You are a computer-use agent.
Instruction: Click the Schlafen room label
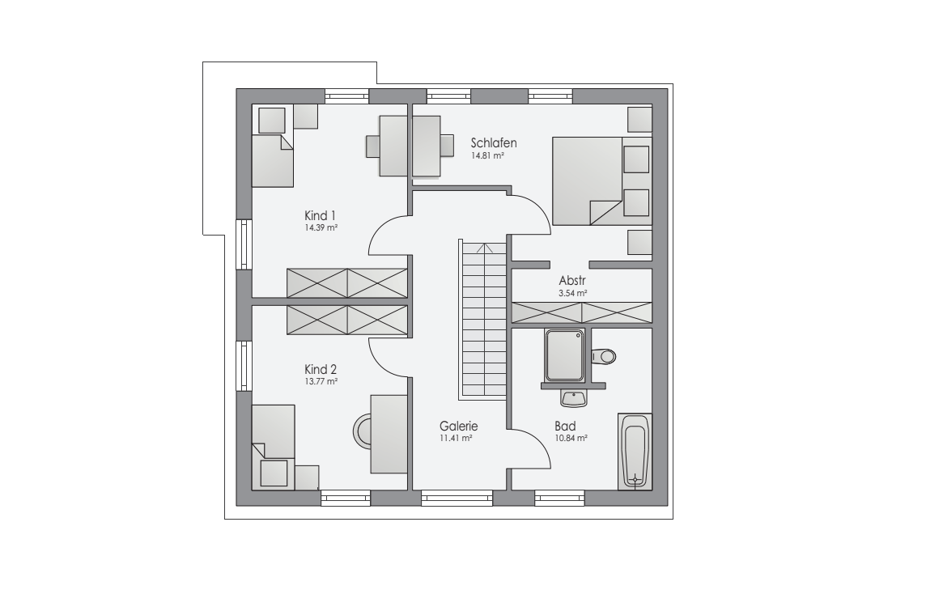[x=494, y=143]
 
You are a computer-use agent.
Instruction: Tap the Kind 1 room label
[x=320, y=215]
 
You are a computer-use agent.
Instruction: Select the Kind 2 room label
[x=321, y=370]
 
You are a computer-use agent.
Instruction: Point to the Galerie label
[x=458, y=427]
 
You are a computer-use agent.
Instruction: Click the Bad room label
[x=565, y=427]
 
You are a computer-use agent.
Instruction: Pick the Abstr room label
[x=572, y=281]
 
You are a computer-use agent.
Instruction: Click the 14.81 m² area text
[x=487, y=156]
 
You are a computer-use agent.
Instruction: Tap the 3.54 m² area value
[x=573, y=294]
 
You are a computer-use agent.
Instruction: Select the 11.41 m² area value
[x=456, y=439]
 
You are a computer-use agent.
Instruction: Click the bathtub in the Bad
[x=635, y=451]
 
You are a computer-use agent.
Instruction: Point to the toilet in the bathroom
[x=603, y=357]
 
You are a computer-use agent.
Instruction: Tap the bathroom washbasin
[x=573, y=398]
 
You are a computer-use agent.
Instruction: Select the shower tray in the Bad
[x=565, y=355]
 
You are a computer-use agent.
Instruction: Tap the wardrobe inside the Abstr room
[x=582, y=313]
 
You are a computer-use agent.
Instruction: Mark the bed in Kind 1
[x=273, y=160]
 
